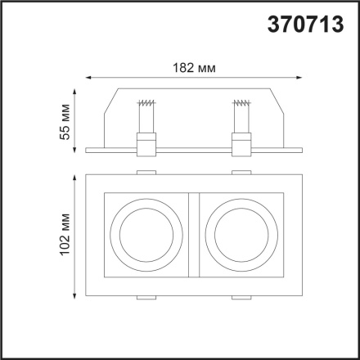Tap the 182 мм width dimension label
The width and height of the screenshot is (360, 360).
click(195, 68)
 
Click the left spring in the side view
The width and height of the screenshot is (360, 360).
click(146, 105)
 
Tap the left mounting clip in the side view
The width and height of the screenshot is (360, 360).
click(146, 146)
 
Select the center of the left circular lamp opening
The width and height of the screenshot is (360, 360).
click(146, 234)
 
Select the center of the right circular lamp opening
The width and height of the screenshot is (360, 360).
click(239, 234)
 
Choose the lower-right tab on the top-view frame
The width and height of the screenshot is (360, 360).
click(241, 297)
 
